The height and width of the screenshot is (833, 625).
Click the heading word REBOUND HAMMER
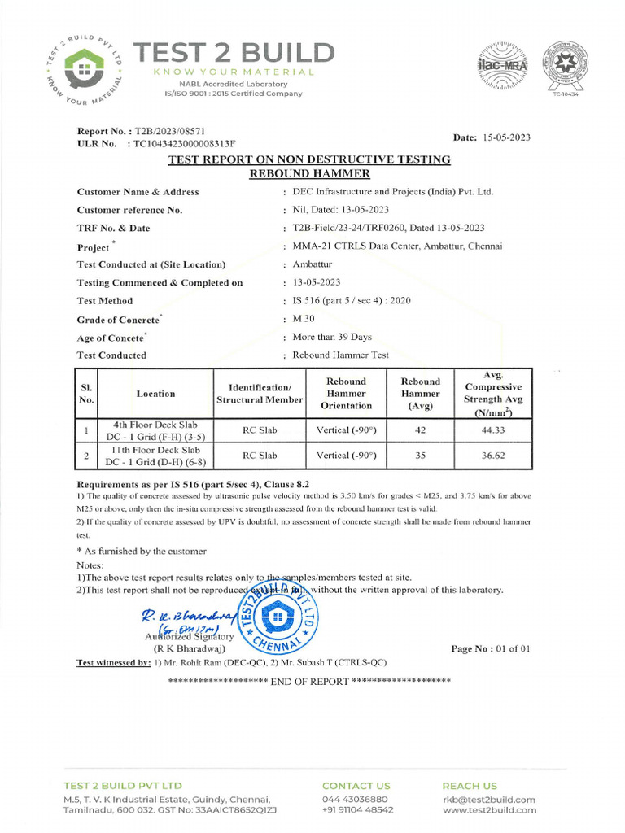(x=309, y=174)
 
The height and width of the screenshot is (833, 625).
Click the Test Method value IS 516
(x=352, y=300)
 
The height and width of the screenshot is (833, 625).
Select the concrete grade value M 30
(x=303, y=319)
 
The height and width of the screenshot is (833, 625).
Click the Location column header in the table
(x=155, y=394)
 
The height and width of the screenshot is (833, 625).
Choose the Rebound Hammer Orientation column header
(x=346, y=394)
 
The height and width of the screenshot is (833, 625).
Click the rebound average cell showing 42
(x=421, y=430)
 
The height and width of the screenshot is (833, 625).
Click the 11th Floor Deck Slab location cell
(x=155, y=456)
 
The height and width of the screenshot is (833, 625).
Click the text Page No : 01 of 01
(x=491, y=648)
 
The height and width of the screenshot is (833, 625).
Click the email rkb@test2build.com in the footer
(x=488, y=800)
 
